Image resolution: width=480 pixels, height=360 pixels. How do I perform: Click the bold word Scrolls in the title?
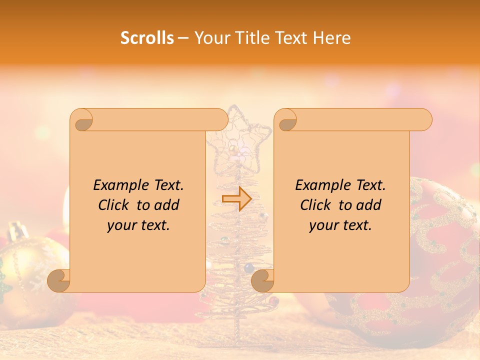click(x=147, y=38)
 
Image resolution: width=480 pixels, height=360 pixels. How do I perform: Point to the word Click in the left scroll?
click(x=115, y=205)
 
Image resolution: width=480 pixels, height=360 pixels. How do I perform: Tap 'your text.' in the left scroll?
click(x=138, y=225)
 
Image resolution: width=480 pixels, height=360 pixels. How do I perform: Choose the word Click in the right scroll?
click(x=317, y=205)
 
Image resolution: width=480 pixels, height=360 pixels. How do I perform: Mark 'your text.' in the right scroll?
click(x=340, y=225)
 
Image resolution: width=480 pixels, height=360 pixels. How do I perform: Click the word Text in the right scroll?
click(x=370, y=185)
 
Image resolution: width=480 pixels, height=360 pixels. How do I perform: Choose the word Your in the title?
click(x=209, y=38)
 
